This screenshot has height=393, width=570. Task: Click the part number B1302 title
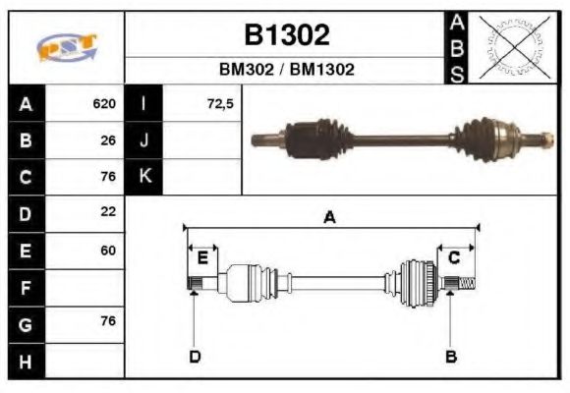click(x=286, y=35)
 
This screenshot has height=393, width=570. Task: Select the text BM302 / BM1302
click(x=286, y=71)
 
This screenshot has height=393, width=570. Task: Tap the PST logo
click(x=67, y=47)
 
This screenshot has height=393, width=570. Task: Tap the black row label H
click(x=27, y=362)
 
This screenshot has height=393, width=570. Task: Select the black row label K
click(x=144, y=177)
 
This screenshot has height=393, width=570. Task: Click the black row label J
click(x=144, y=140)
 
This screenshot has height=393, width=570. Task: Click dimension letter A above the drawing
click(x=330, y=218)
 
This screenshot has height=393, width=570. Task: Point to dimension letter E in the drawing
click(x=202, y=258)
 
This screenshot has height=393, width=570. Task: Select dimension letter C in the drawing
click(x=455, y=257)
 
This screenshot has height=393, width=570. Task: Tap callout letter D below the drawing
click(x=195, y=357)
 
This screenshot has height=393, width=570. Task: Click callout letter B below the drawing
click(x=451, y=356)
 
